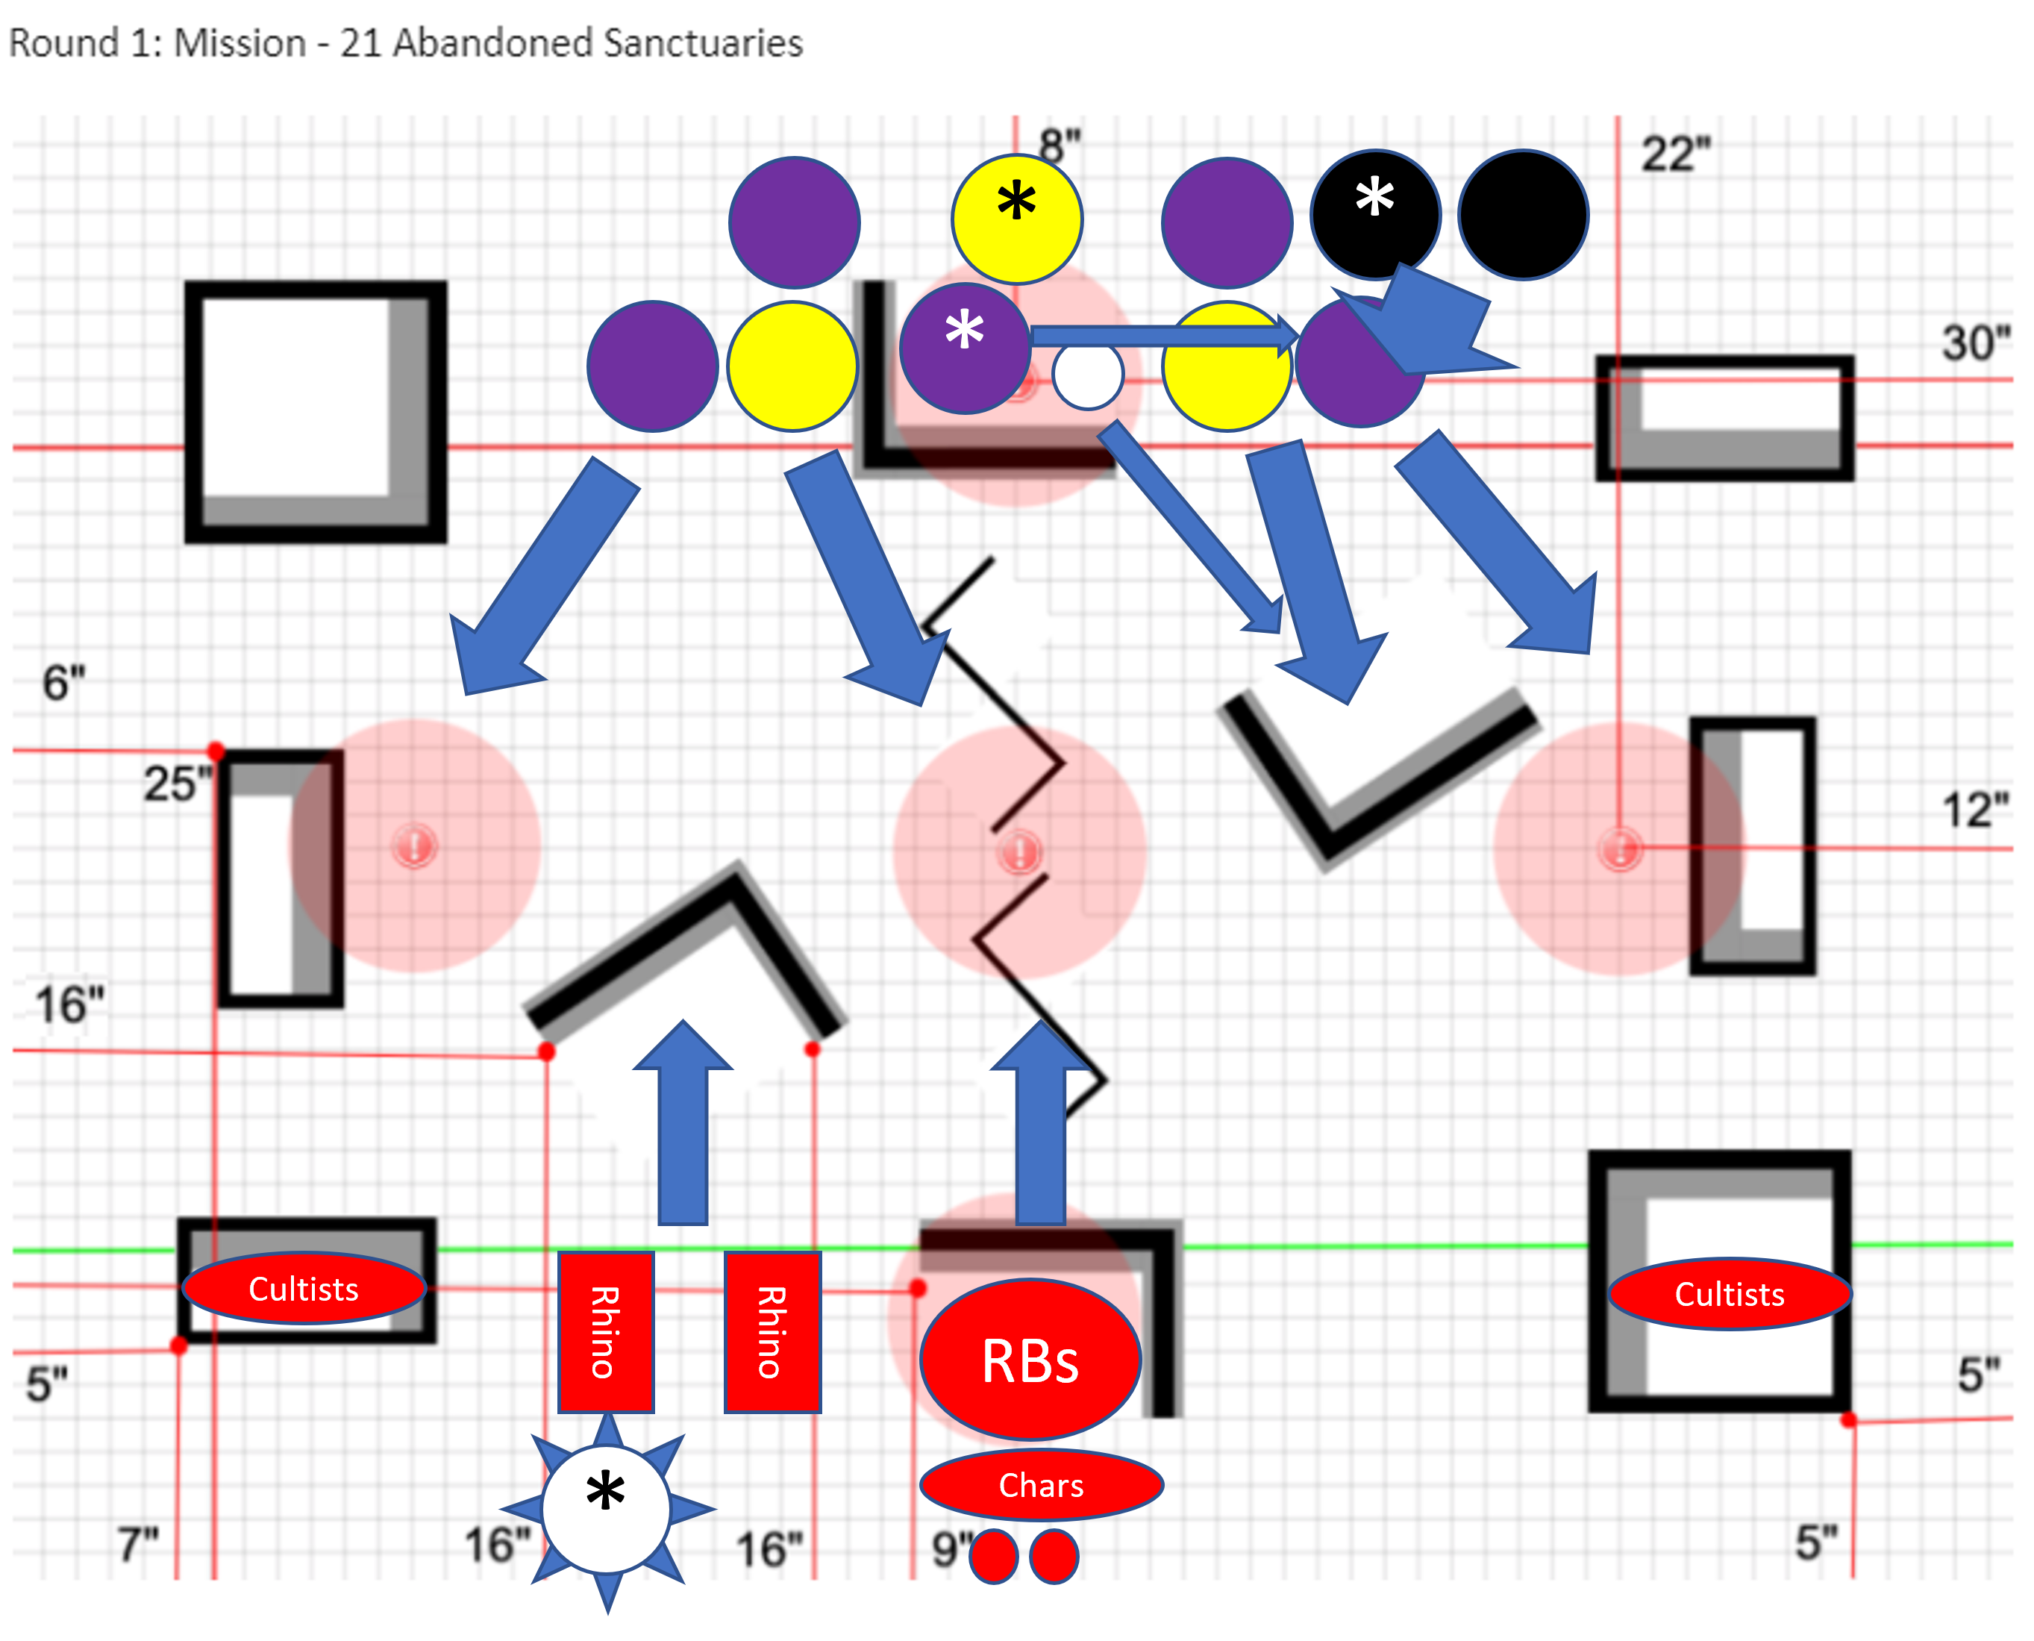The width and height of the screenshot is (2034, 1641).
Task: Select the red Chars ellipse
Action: [x=1042, y=1485]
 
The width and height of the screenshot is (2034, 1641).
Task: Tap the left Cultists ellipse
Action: [x=304, y=1290]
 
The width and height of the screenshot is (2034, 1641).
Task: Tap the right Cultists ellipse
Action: [x=1730, y=1294]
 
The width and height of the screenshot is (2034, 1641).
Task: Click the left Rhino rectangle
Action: [x=606, y=1332]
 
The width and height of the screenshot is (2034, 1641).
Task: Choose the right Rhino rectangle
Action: [x=772, y=1332]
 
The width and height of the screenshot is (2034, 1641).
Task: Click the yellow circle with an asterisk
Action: [x=1016, y=219]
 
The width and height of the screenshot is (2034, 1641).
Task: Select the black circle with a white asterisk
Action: [x=1375, y=215]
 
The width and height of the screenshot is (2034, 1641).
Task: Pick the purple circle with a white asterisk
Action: [x=964, y=347]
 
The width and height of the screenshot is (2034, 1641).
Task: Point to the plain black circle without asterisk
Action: [x=1524, y=215]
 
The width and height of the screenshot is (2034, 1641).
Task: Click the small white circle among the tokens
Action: [x=1088, y=375]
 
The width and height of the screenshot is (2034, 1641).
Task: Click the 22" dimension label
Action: [x=1676, y=154]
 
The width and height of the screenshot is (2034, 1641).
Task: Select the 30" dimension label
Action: [x=1975, y=343]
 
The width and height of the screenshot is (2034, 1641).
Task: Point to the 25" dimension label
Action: [x=177, y=784]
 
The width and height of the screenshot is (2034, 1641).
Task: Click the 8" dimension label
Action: [x=1060, y=146]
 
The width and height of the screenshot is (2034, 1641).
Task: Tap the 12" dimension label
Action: [x=1974, y=810]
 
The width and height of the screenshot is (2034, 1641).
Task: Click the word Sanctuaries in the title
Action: [x=702, y=43]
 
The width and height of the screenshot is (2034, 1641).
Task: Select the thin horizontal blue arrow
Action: [x=1162, y=336]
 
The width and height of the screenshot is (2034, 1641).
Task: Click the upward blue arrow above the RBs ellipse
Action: [x=1042, y=1125]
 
